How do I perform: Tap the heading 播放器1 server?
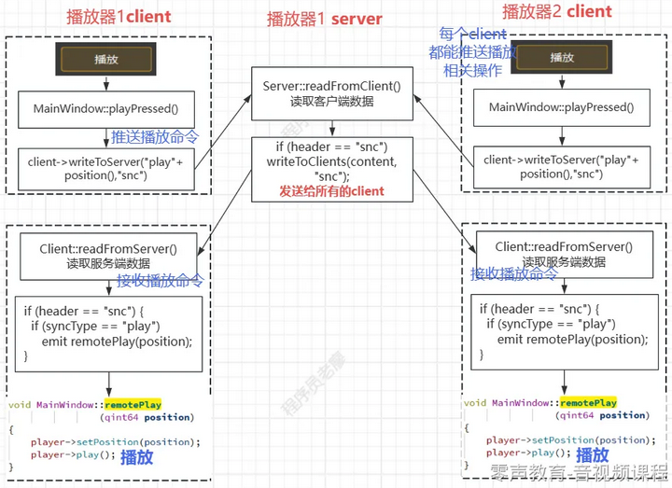click(x=324, y=18)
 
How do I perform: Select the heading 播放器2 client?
click(x=556, y=12)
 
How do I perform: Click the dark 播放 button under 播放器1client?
click(x=105, y=59)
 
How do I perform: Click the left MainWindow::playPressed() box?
click(x=105, y=109)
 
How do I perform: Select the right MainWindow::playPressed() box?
click(x=561, y=108)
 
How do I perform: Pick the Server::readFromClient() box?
click(x=331, y=93)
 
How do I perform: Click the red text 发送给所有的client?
click(x=331, y=191)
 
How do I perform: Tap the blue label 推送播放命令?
click(x=155, y=137)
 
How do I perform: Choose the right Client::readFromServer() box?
click(x=563, y=254)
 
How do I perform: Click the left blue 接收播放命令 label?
click(x=160, y=281)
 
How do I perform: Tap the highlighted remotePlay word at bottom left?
click(x=133, y=404)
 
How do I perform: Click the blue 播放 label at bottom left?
click(x=137, y=456)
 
